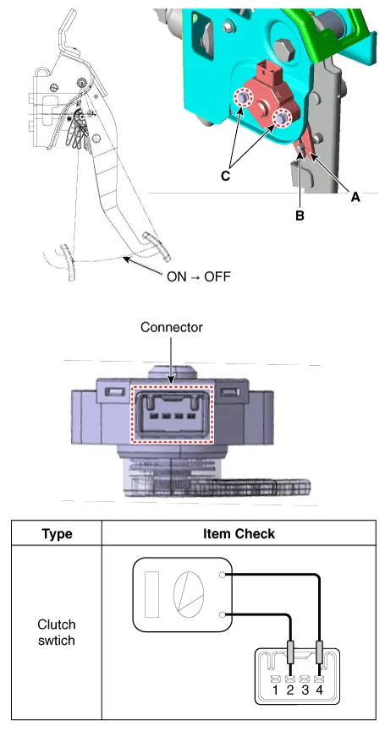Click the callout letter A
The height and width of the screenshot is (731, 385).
(355, 197)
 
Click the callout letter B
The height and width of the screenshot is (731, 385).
(300, 215)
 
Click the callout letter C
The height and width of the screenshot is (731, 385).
(225, 177)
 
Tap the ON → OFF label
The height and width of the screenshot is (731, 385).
(198, 276)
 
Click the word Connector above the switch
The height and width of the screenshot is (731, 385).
(172, 327)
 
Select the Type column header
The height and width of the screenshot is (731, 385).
(57, 533)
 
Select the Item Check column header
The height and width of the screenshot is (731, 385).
(239, 533)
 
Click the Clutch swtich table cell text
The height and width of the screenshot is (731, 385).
(57, 632)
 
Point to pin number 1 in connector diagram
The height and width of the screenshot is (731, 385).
(275, 690)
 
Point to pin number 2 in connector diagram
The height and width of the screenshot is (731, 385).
(289, 690)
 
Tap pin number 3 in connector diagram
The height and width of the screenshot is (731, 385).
(305, 690)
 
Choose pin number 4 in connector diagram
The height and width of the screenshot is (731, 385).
(320, 690)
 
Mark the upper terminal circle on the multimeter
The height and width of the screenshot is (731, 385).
(223, 575)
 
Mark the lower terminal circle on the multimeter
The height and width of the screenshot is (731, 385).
(223, 614)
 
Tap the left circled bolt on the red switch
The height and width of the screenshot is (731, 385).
(242, 98)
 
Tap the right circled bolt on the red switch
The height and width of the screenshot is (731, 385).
(282, 118)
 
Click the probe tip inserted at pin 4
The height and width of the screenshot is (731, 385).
(320, 652)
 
